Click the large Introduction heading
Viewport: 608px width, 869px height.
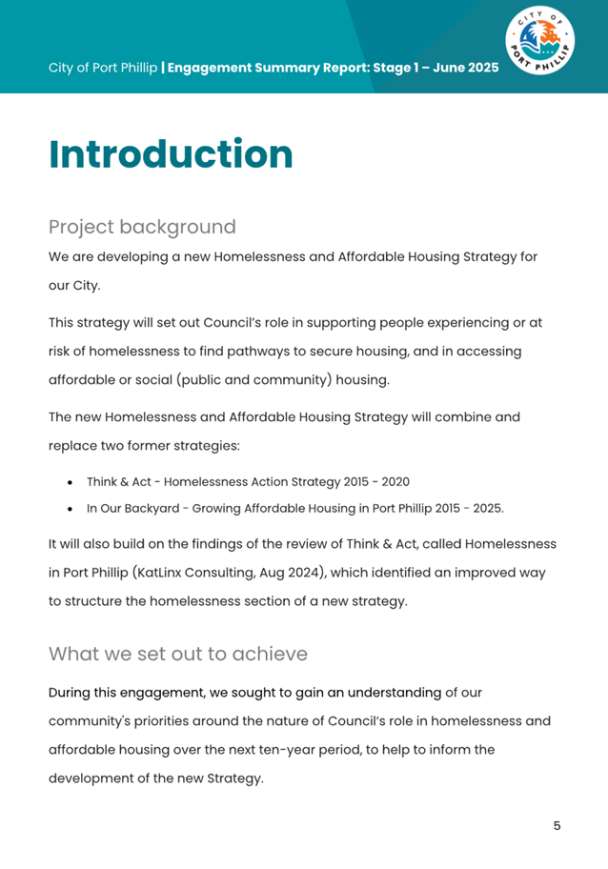pyautogui.click(x=171, y=154)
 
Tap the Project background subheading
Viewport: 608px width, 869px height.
pyautogui.click(x=142, y=227)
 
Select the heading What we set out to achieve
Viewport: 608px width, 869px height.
pyautogui.click(x=178, y=654)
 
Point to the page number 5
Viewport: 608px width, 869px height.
pyautogui.click(x=557, y=825)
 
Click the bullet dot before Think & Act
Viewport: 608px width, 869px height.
pyautogui.click(x=71, y=483)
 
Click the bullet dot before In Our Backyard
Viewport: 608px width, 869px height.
pyautogui.click(x=71, y=509)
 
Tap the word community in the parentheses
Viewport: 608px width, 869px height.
pyautogui.click(x=282, y=378)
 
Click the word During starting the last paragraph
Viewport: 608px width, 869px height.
pyautogui.click(x=74, y=693)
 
